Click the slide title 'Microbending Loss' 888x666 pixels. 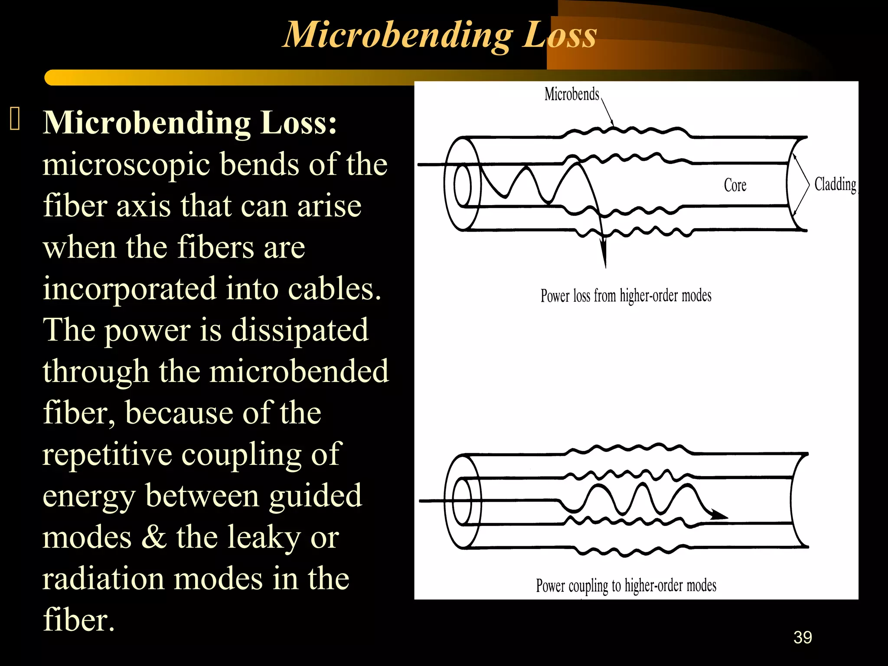(440, 35)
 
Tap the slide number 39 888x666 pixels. (803, 637)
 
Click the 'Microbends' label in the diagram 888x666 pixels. (571, 94)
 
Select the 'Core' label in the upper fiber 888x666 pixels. (735, 185)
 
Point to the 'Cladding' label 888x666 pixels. (835, 184)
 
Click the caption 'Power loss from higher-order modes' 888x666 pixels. (626, 296)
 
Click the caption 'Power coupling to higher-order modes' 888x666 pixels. (626, 585)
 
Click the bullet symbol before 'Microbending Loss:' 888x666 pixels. (15, 119)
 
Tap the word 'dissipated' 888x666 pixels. (300, 330)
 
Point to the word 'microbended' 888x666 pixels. (299, 371)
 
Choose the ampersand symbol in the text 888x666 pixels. (154, 537)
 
